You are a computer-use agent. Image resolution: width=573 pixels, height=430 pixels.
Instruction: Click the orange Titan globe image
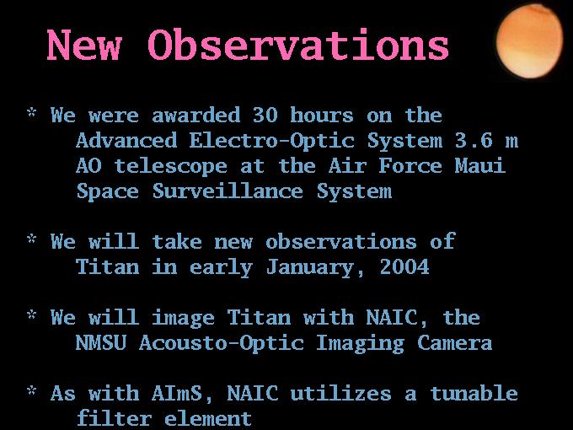point(529,41)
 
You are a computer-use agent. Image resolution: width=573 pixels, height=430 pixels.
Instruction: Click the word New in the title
point(84,45)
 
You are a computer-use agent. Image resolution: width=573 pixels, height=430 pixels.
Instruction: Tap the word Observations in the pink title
point(298,45)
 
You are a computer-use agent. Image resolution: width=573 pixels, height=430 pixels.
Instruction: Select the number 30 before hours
point(265,116)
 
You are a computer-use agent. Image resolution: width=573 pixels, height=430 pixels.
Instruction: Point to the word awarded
point(195,116)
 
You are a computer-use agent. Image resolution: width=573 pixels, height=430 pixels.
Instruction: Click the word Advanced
point(126,141)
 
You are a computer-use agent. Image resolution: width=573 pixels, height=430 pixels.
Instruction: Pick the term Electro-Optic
point(272,142)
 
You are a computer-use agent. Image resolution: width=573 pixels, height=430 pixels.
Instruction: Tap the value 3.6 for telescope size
point(474,141)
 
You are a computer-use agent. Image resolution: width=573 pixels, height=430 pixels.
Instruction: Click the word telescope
point(171,167)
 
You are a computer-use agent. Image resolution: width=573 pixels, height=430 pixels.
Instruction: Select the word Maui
point(480,165)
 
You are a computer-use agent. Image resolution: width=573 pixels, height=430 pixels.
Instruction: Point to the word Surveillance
point(228,191)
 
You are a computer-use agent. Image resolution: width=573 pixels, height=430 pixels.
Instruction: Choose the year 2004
point(404,266)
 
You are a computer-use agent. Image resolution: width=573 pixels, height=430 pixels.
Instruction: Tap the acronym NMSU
point(101,343)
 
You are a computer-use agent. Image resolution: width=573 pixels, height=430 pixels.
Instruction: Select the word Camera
point(454,343)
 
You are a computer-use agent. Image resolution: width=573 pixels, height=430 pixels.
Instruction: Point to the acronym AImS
point(177,394)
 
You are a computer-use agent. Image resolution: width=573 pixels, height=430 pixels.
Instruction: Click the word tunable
point(474,394)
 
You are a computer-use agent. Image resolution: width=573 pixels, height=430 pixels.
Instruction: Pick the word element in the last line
point(208,419)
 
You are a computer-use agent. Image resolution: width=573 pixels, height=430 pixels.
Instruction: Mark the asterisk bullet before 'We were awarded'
point(32,112)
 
